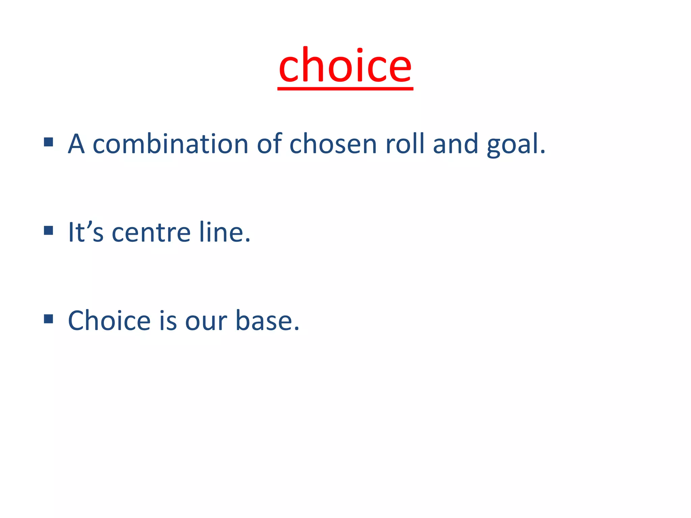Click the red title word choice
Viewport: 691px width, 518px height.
click(x=345, y=66)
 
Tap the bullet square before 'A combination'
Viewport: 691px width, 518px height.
click(x=49, y=142)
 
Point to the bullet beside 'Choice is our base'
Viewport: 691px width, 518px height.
click(x=49, y=319)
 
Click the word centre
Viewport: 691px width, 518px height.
click(x=151, y=233)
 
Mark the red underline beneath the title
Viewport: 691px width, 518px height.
click(x=345, y=89)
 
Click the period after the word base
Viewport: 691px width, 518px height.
click(x=296, y=329)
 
